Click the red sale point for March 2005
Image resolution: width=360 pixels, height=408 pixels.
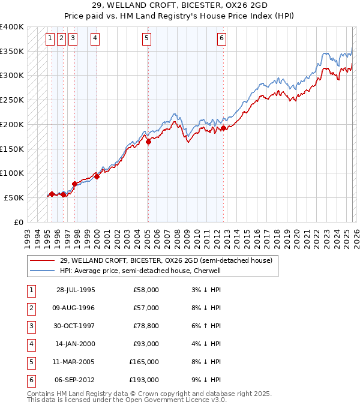[148, 142]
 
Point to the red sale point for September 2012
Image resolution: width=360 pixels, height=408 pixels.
[223, 128]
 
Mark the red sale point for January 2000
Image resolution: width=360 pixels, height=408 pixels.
[97, 176]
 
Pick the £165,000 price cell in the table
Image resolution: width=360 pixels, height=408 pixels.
[144, 362]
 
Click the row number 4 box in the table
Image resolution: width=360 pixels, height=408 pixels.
[30, 344]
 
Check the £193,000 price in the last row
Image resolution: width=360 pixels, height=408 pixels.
[144, 380]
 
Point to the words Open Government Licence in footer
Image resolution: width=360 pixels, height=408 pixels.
[171, 400]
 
